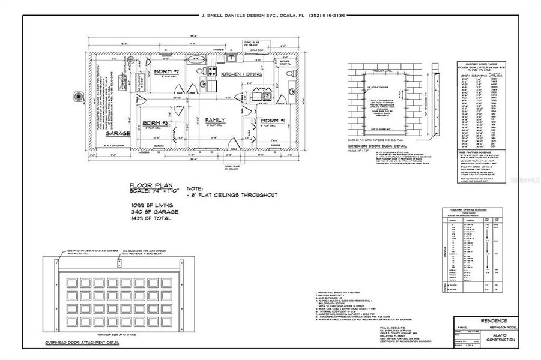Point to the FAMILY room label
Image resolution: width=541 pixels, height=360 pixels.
[215, 121]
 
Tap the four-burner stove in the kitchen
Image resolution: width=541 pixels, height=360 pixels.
[212, 71]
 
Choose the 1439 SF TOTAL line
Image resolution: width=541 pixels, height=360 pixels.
[151, 218]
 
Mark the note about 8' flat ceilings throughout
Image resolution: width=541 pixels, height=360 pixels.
[232, 195]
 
